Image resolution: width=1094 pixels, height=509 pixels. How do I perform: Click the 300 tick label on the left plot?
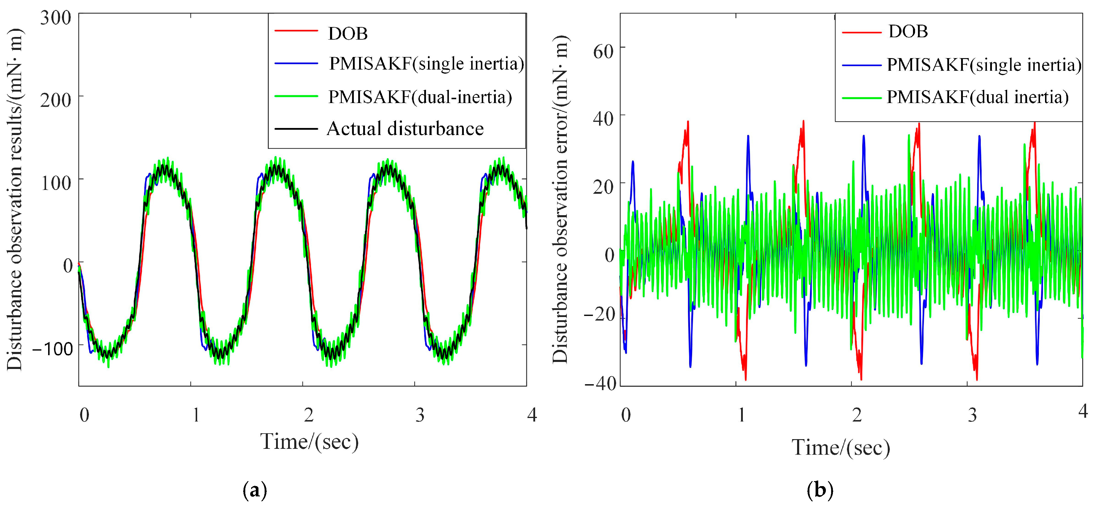[56, 19]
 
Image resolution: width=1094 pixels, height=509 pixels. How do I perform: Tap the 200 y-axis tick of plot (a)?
[56, 101]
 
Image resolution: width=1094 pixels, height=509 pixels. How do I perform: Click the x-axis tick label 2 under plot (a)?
[309, 415]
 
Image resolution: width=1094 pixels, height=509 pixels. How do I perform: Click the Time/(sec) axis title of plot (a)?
[310, 441]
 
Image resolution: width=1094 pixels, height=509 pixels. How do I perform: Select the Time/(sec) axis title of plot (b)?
[841, 448]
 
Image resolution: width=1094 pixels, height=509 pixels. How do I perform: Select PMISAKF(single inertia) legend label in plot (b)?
[984, 65]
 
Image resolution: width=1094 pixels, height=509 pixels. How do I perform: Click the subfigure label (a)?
[255, 491]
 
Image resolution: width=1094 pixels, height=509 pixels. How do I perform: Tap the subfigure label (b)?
[820, 491]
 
